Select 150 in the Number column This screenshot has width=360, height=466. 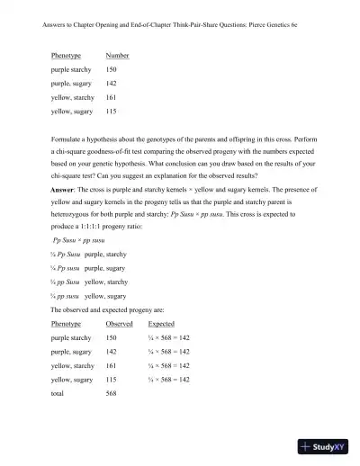[112, 69]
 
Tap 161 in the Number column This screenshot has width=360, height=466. [112, 96]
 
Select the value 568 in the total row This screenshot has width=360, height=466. [112, 394]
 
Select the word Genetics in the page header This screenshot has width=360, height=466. [266, 26]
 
